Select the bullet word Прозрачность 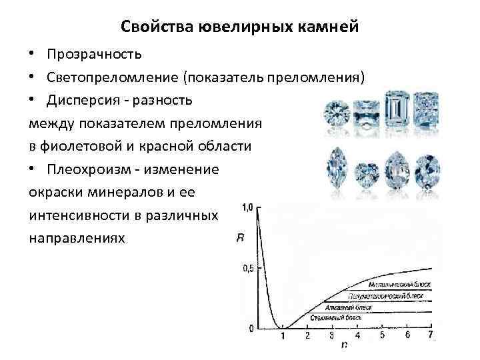pyautogui.click(x=94, y=53)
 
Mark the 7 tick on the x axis pyautogui.click(x=431, y=335)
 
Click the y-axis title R pyautogui.click(x=241, y=238)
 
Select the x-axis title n pyautogui.click(x=344, y=345)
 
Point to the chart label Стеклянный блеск pyautogui.click(x=337, y=319)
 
